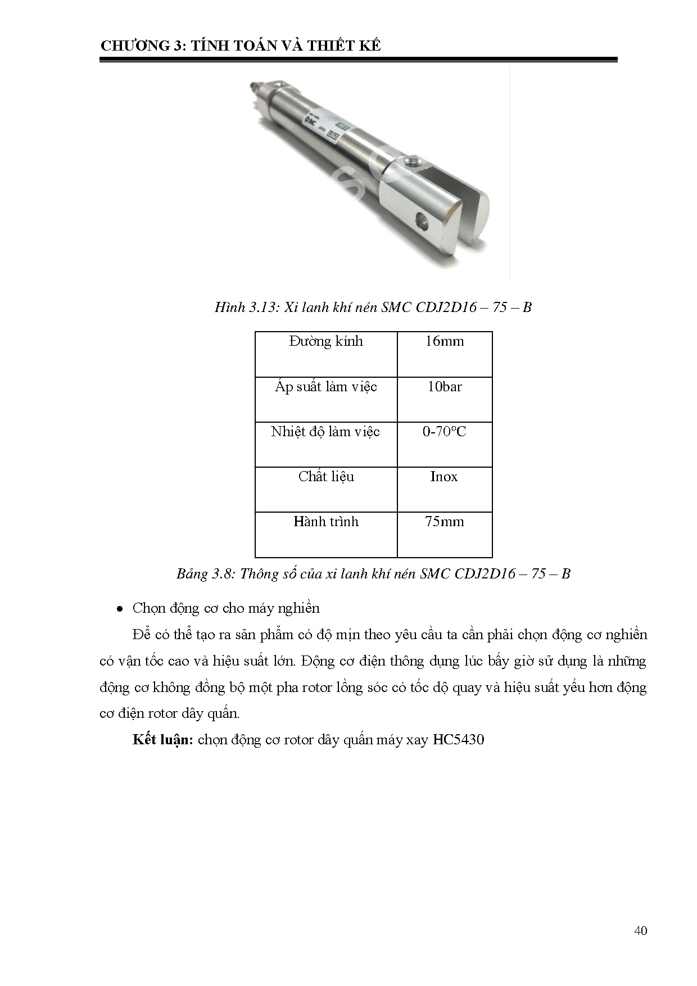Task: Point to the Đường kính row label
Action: click(x=326, y=341)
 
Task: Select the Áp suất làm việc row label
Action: click(x=326, y=387)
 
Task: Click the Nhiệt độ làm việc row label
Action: click(x=325, y=432)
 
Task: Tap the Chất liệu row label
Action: click(x=326, y=477)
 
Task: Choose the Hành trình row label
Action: click(x=326, y=522)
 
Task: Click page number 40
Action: click(x=640, y=930)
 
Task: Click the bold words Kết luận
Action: click(x=163, y=740)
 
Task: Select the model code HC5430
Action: click(x=458, y=740)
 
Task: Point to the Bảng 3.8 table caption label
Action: click(x=205, y=574)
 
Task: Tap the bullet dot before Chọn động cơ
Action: click(x=120, y=609)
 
